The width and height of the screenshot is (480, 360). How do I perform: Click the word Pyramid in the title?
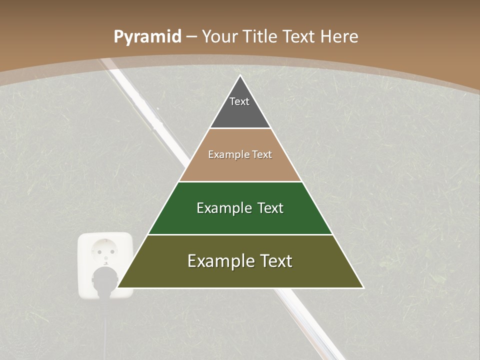coord(147,37)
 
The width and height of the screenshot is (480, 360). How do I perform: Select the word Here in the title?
coord(339,36)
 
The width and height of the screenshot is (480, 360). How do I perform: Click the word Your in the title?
coord(219,36)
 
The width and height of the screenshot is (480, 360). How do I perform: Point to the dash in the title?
coord(191,37)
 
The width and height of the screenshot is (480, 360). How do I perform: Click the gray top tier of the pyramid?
coord(240,112)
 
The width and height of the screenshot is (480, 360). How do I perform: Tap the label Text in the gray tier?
coord(239,101)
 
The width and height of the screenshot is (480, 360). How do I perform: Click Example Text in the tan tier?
coord(240,154)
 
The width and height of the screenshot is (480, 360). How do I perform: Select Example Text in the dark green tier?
coord(240,208)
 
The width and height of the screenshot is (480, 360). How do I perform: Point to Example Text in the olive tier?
coord(240,261)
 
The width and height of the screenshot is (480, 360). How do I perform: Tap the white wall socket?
coord(105,250)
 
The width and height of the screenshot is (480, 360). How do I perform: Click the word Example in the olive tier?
coord(214,261)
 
